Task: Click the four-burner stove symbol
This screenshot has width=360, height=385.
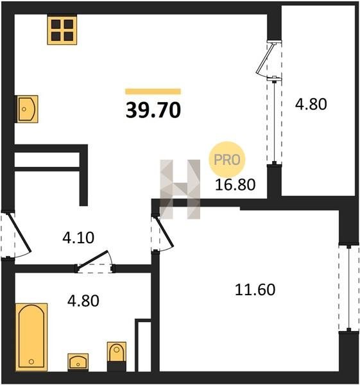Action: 62,30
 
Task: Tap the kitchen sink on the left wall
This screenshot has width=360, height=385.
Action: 28,109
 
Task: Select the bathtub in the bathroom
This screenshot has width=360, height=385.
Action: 31,337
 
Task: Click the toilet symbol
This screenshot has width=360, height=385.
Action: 117,356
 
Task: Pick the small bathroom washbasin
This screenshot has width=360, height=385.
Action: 78,362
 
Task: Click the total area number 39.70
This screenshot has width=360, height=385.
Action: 153,110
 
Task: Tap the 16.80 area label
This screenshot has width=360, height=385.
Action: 235,185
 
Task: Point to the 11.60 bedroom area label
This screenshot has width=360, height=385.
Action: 255,289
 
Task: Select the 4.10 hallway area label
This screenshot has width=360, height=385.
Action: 78,237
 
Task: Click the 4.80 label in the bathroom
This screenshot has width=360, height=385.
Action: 83,301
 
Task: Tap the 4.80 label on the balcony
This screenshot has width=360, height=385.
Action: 311,104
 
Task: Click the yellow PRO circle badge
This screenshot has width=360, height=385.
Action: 227,160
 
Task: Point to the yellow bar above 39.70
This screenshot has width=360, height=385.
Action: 153,91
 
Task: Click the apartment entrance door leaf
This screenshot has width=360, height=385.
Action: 20,232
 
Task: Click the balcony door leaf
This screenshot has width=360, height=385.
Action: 265,58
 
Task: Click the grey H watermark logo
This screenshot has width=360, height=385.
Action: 180,189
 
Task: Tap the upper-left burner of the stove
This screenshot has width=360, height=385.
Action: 56,24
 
